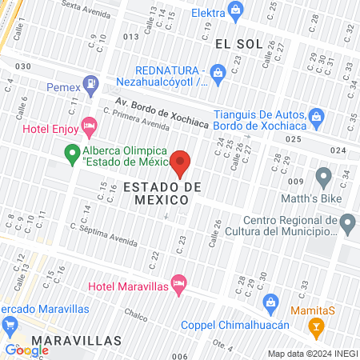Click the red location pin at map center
[x=180, y=163]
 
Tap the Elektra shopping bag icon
[x=235, y=10]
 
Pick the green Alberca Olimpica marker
[x=71, y=152]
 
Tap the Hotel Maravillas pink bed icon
[x=179, y=284]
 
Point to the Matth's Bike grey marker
[x=323, y=175]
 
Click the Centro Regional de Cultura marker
[x=347, y=223]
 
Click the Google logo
[x=27, y=350]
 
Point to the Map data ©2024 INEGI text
[x=312, y=353]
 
